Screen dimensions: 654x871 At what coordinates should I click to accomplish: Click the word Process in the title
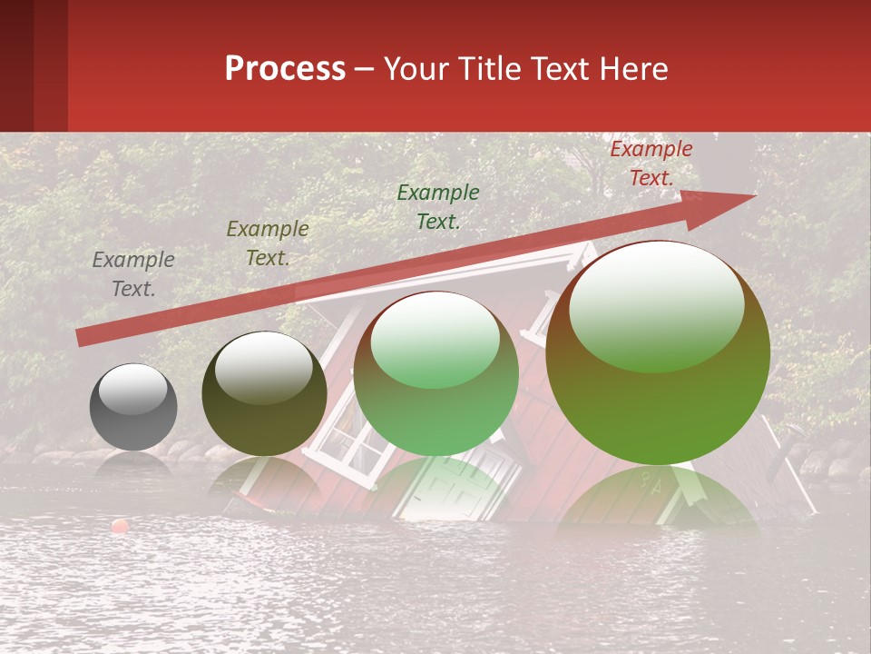point(285,69)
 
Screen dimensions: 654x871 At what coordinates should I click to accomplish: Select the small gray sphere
point(133,407)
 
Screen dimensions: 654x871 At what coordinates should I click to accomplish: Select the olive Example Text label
point(267,243)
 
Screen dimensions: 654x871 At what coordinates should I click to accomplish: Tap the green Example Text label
point(437,206)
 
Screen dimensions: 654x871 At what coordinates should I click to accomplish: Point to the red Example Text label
point(651,163)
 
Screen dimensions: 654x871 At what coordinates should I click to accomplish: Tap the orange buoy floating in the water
point(120,526)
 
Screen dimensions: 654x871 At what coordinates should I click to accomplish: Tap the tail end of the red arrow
point(83,338)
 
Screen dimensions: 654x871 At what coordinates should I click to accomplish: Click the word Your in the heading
point(416,69)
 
